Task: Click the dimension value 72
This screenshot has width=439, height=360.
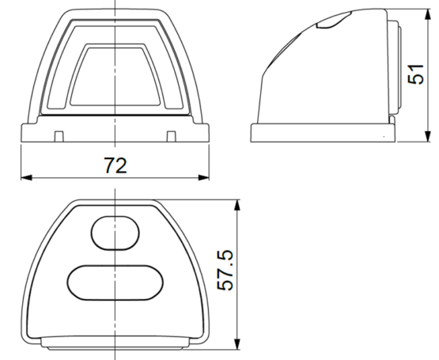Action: click(115, 165)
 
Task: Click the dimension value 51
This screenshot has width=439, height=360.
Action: click(416, 74)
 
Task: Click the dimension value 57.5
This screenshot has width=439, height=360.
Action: click(225, 271)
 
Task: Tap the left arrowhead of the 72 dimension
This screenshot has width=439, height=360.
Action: click(26, 177)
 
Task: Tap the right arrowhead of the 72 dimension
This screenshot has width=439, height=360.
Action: click(204, 177)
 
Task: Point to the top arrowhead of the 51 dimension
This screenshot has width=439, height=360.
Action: click(427, 14)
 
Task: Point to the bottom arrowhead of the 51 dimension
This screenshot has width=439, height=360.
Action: click(427, 136)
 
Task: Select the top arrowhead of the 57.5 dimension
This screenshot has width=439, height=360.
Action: click(237, 205)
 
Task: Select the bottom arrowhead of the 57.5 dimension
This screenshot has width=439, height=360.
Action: click(237, 344)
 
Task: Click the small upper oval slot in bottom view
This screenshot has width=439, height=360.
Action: click(115, 233)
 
